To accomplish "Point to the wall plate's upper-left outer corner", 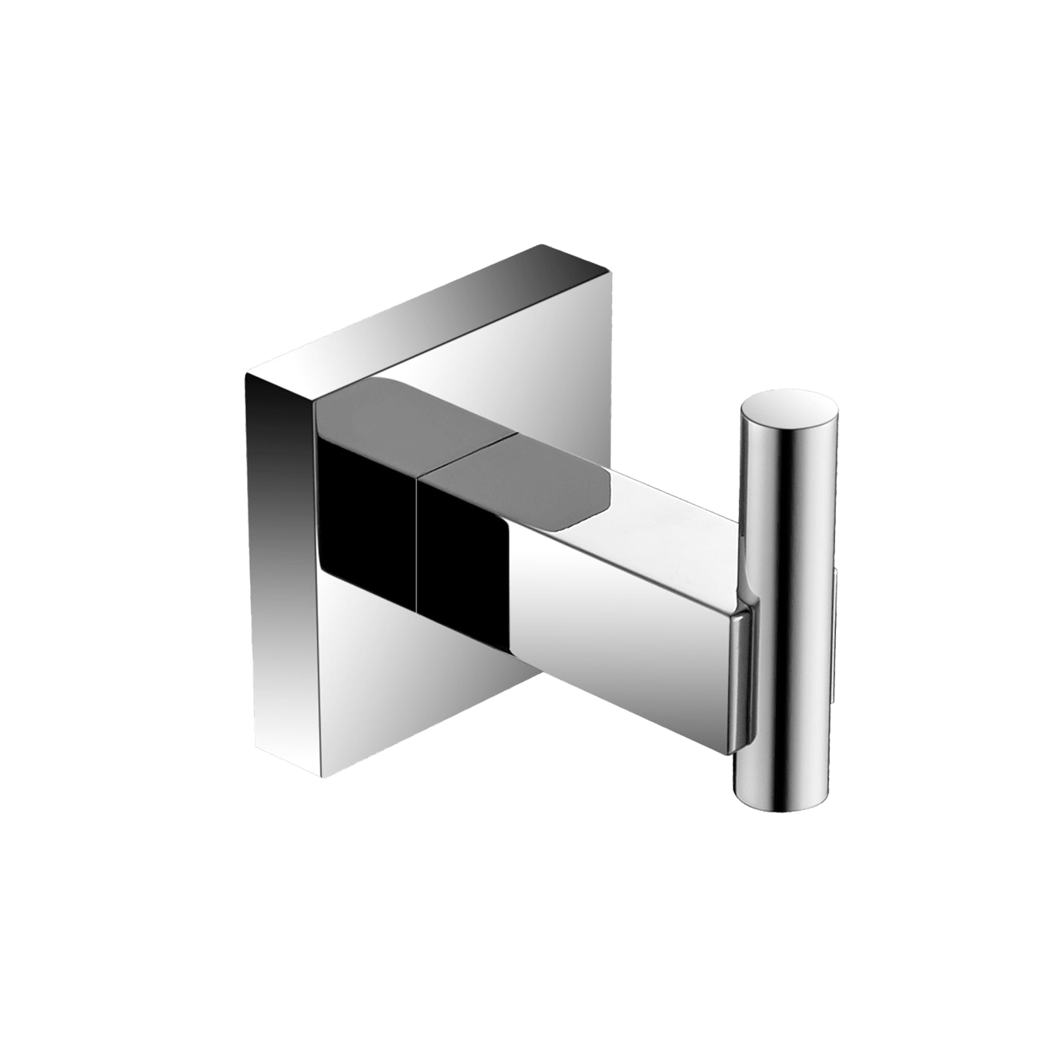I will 246,375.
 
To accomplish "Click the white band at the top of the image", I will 531,63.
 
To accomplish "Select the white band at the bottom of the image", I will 531,995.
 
